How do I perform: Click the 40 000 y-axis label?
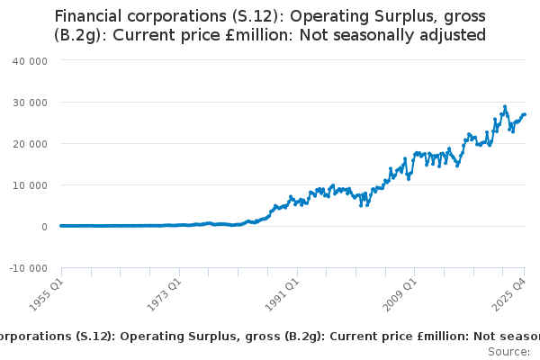tap(31, 60)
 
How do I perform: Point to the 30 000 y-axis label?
tap(31, 102)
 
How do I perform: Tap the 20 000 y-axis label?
tap(31, 143)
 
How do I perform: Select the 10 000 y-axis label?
tap(31, 184)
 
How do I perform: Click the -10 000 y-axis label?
tap(28, 268)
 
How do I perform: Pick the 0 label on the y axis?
tap(44, 227)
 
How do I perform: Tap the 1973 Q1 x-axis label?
tap(166, 290)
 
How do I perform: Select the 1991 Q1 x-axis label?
tap(283, 290)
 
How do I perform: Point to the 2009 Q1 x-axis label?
tap(401, 290)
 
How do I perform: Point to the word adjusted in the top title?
tap(451, 36)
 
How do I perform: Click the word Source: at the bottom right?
tap(509, 352)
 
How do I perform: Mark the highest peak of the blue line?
tap(505, 106)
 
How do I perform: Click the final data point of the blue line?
tap(525, 114)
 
